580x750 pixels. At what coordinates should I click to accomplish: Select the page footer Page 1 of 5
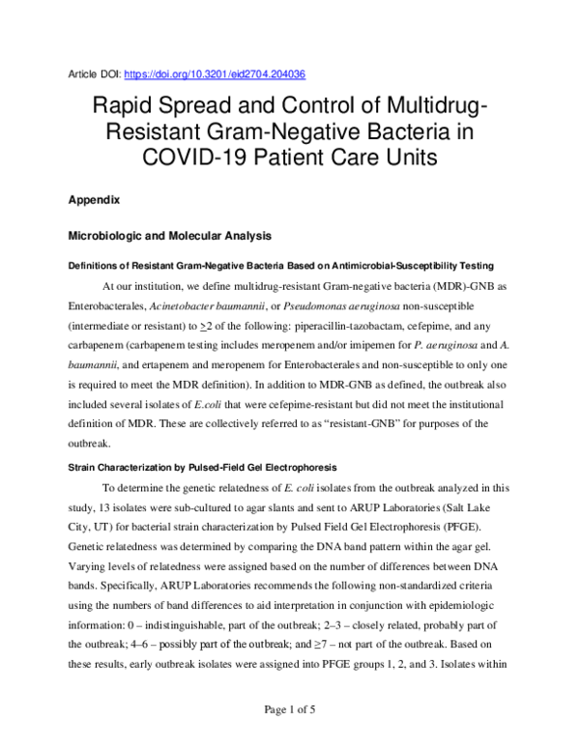(290, 710)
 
